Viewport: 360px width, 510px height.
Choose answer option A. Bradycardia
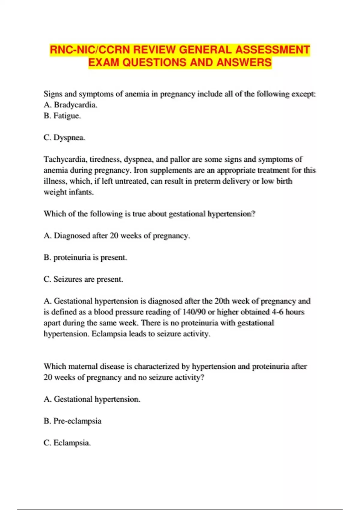(70, 105)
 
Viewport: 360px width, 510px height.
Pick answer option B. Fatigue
(62, 115)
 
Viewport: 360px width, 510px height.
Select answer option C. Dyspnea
(64, 137)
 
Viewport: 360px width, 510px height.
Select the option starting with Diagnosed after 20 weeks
(117, 235)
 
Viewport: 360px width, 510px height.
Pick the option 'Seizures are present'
(83, 279)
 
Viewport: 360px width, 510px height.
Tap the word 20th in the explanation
(222, 301)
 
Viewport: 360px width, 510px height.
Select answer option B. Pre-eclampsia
(72, 421)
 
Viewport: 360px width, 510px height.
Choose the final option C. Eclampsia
(67, 442)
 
